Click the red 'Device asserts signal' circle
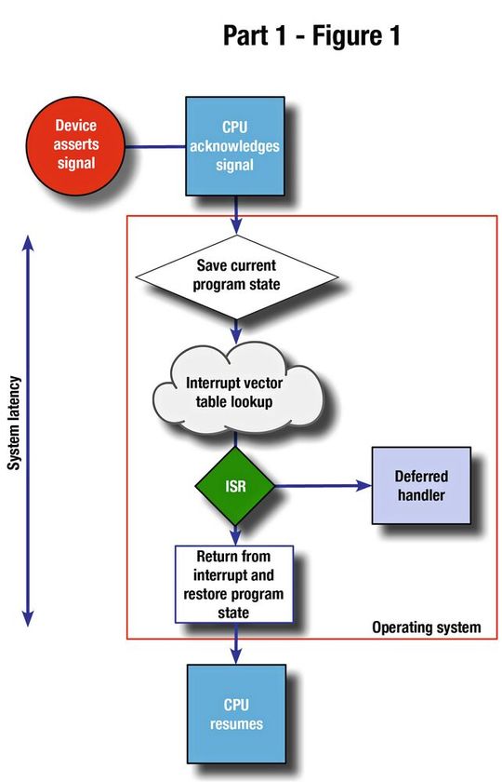pyautogui.click(x=75, y=144)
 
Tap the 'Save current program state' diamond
pyautogui.click(x=237, y=276)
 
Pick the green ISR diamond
pyautogui.click(x=234, y=486)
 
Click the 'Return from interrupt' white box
pyautogui.click(x=234, y=584)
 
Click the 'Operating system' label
pyautogui.click(x=427, y=627)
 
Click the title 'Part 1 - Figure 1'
pyautogui.click(x=311, y=36)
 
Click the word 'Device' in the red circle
pyautogui.click(x=75, y=125)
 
